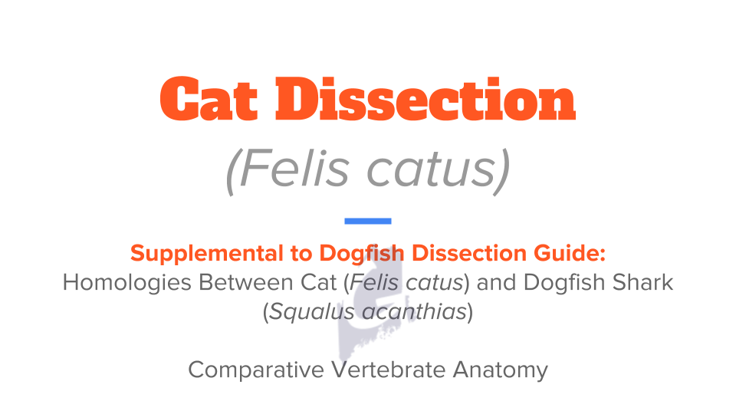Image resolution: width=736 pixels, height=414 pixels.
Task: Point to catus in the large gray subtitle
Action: tap(425, 171)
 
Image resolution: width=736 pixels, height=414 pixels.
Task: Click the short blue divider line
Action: tap(368, 221)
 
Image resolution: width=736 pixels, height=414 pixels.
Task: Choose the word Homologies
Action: tap(127, 282)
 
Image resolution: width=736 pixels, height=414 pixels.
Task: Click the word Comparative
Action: tap(257, 370)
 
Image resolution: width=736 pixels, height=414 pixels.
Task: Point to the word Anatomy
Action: tap(500, 370)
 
